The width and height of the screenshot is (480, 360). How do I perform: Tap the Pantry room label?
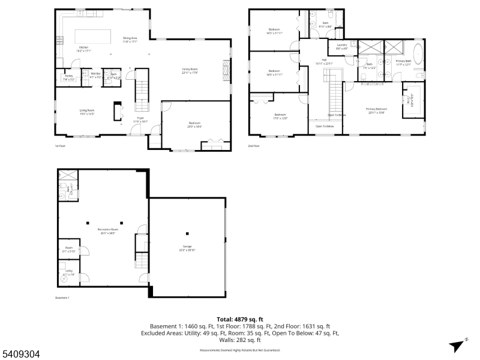pos(69,77)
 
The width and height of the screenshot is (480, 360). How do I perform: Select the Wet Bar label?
pos(95,75)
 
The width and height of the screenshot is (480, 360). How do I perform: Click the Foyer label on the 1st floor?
pos(140,119)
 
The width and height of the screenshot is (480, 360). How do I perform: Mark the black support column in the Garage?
pos(187,233)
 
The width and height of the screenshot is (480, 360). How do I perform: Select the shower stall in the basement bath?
pos(68,175)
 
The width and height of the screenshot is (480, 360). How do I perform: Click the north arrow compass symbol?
pos(458,344)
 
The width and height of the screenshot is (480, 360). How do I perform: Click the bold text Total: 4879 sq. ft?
pos(240,319)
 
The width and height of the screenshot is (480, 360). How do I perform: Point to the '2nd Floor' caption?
pos(254,146)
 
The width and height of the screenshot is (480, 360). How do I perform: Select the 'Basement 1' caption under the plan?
pos(62,298)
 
